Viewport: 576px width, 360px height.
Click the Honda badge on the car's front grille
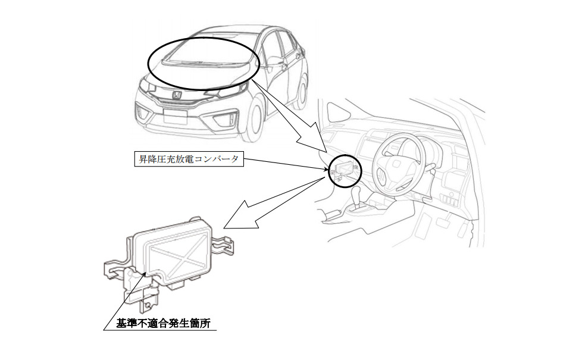tap(177, 96)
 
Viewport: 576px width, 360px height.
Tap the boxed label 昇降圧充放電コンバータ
tap(189, 159)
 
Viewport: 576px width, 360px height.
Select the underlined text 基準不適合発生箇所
tap(163, 323)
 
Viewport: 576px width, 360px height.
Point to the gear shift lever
tap(356, 198)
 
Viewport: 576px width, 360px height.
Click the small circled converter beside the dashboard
tap(345, 171)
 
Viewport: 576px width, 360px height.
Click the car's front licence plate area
tap(175, 117)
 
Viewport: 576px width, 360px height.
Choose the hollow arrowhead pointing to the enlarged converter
tap(238, 217)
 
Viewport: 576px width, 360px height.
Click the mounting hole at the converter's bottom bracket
tap(148, 305)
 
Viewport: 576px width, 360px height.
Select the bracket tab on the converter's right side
tap(224, 244)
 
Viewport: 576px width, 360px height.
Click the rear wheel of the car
tap(301, 93)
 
